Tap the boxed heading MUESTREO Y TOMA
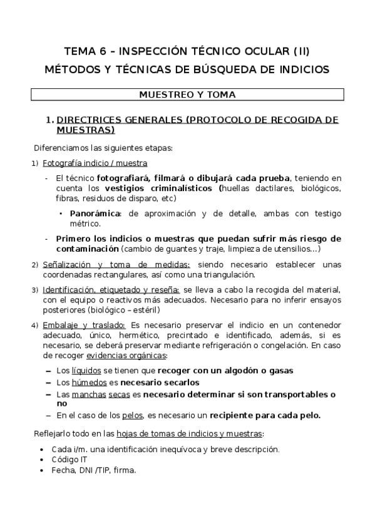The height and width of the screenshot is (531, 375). [187, 95]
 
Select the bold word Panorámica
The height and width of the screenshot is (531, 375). [96, 214]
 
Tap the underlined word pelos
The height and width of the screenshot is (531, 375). [133, 415]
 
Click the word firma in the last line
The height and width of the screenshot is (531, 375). [125, 470]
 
